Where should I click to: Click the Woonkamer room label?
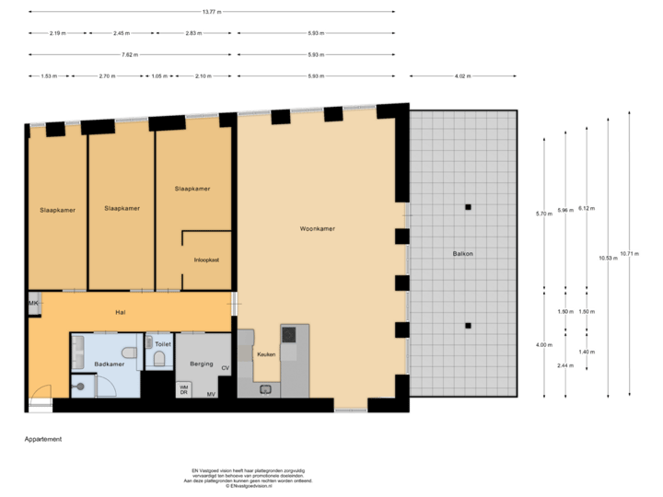pyautogui.click(x=316, y=228)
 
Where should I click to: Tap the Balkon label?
pyautogui.click(x=462, y=252)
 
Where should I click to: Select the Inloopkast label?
pyautogui.click(x=206, y=260)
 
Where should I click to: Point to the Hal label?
pyautogui.click(x=120, y=313)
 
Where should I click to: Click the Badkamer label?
pyautogui.click(x=109, y=364)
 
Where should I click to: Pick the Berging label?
pyautogui.click(x=201, y=364)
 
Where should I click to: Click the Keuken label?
pyautogui.click(x=265, y=354)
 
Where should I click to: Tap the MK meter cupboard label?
pyautogui.click(x=33, y=304)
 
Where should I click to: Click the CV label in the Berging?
pyautogui.click(x=225, y=368)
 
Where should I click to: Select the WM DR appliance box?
pyautogui.click(x=183, y=389)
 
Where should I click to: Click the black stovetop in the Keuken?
pyautogui.click(x=289, y=334)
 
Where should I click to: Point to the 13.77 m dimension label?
pyautogui.click(x=211, y=12)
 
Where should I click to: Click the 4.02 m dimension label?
pyautogui.click(x=462, y=75)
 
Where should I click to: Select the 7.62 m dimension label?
pyautogui.click(x=130, y=54)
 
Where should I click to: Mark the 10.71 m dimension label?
pyautogui.click(x=630, y=253)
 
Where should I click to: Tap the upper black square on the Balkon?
pyautogui.click(x=468, y=207)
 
